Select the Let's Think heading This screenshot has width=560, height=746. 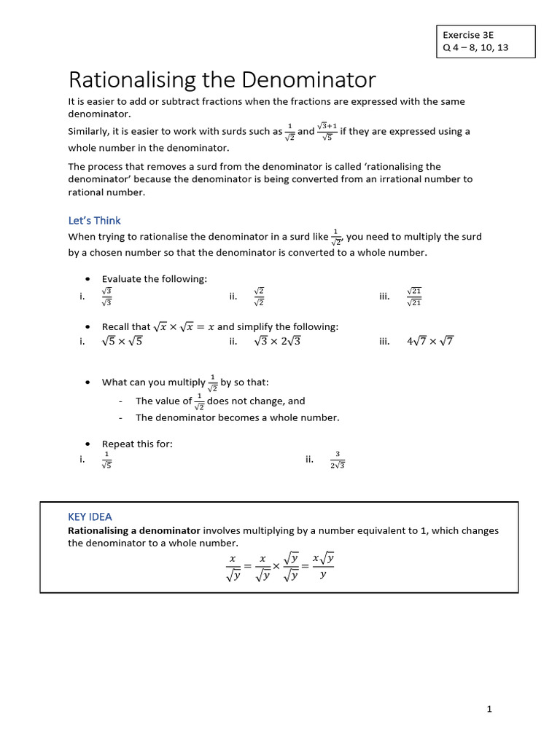pos(94,221)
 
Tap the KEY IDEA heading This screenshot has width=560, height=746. pos(90,517)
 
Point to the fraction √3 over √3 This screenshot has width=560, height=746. pos(107,297)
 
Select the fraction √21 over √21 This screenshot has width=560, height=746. pos(414,297)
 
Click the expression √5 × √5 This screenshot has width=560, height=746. pos(122,341)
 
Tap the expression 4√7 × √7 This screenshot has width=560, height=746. pos(429,341)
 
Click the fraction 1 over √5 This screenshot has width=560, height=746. pos(106,460)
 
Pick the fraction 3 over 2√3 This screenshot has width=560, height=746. pos(337,460)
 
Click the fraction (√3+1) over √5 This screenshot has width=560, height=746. pos(327,132)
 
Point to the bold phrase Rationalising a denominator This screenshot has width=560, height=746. pos(134,530)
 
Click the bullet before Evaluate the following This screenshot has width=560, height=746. pos(87,279)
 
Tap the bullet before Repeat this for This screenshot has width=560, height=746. pos(87,444)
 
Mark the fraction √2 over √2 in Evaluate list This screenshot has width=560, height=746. pos(259,297)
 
